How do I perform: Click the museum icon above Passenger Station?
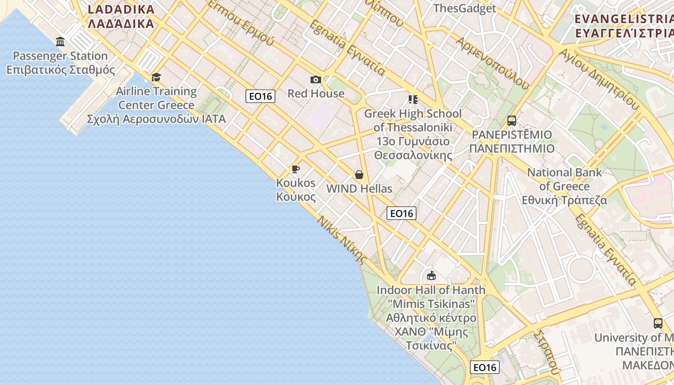[x=60, y=41]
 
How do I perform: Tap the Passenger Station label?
[x=60, y=63]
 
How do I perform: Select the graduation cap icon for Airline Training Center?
[x=156, y=77]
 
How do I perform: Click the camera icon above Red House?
[x=316, y=79]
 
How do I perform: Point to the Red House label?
[x=316, y=93]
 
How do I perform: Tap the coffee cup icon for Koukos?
[x=296, y=169]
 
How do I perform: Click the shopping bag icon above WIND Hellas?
[x=359, y=175]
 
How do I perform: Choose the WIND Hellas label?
[x=359, y=189]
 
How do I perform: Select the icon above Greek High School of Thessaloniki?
[x=413, y=100]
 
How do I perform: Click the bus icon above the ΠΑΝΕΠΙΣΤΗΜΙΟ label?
[x=512, y=121]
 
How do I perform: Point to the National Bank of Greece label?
[x=565, y=186]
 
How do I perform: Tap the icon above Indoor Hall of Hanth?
[x=431, y=276]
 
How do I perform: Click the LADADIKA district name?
[x=121, y=16]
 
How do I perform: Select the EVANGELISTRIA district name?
[x=624, y=26]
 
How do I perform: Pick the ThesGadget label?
[x=465, y=8]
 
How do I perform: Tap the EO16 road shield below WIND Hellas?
[x=402, y=213]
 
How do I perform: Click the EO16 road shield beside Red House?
[x=260, y=96]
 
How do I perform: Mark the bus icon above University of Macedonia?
[x=658, y=323]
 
